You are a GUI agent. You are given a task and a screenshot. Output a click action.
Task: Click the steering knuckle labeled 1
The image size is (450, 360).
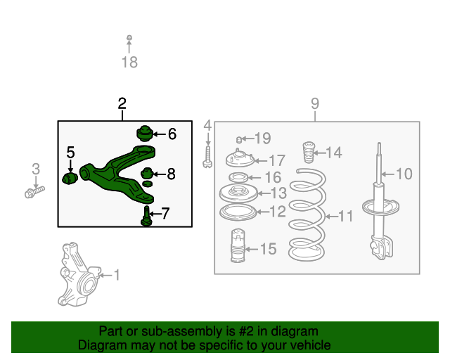point(79,276)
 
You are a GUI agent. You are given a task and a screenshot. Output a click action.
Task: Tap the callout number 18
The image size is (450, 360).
point(129,63)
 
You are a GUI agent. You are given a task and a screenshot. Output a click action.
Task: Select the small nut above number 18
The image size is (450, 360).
point(129,37)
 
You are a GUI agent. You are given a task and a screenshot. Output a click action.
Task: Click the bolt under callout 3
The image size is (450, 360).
point(34,192)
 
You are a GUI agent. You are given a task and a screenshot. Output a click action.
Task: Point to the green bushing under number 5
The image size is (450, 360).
point(70,179)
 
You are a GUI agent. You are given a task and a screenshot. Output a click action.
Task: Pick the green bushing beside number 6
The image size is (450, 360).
point(144,134)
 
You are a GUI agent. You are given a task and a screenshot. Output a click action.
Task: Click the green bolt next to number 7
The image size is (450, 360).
point(146,216)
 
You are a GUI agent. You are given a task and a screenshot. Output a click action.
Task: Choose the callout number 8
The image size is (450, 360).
point(171,174)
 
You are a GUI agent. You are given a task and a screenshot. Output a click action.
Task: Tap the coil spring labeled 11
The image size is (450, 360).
point(307,214)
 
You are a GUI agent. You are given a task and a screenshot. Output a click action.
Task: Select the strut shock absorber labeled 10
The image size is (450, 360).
point(380,201)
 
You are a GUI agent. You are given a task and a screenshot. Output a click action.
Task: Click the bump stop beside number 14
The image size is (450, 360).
point(309,152)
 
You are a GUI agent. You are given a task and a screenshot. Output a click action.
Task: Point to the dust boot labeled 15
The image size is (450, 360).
point(238,245)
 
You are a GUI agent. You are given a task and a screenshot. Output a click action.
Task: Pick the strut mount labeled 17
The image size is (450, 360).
point(240,158)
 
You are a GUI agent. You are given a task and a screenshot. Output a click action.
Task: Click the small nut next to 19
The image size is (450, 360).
point(238,140)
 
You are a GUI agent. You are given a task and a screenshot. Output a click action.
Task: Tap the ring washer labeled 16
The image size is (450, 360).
point(238,177)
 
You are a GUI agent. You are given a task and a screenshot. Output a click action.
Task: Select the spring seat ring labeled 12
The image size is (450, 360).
point(238,213)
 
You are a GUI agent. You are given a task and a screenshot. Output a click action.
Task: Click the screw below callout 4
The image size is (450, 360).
point(208,157)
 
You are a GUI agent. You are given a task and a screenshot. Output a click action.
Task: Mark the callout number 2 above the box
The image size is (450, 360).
point(122,103)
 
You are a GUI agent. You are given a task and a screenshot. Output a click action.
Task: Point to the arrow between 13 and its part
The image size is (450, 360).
point(264,193)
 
